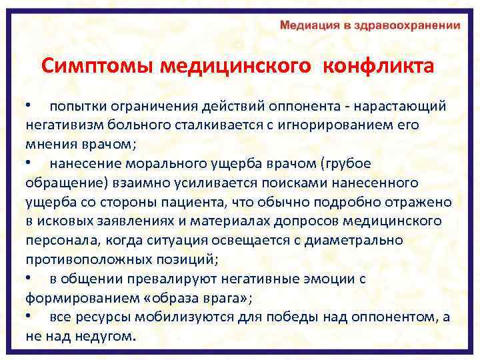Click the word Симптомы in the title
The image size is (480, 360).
click(97, 67)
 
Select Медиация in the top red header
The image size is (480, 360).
click(311, 26)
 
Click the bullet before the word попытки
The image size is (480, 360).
click(29, 107)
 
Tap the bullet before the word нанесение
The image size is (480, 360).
click(29, 163)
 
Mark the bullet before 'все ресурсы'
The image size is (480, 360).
click(29, 317)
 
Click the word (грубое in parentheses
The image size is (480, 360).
click(345, 163)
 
